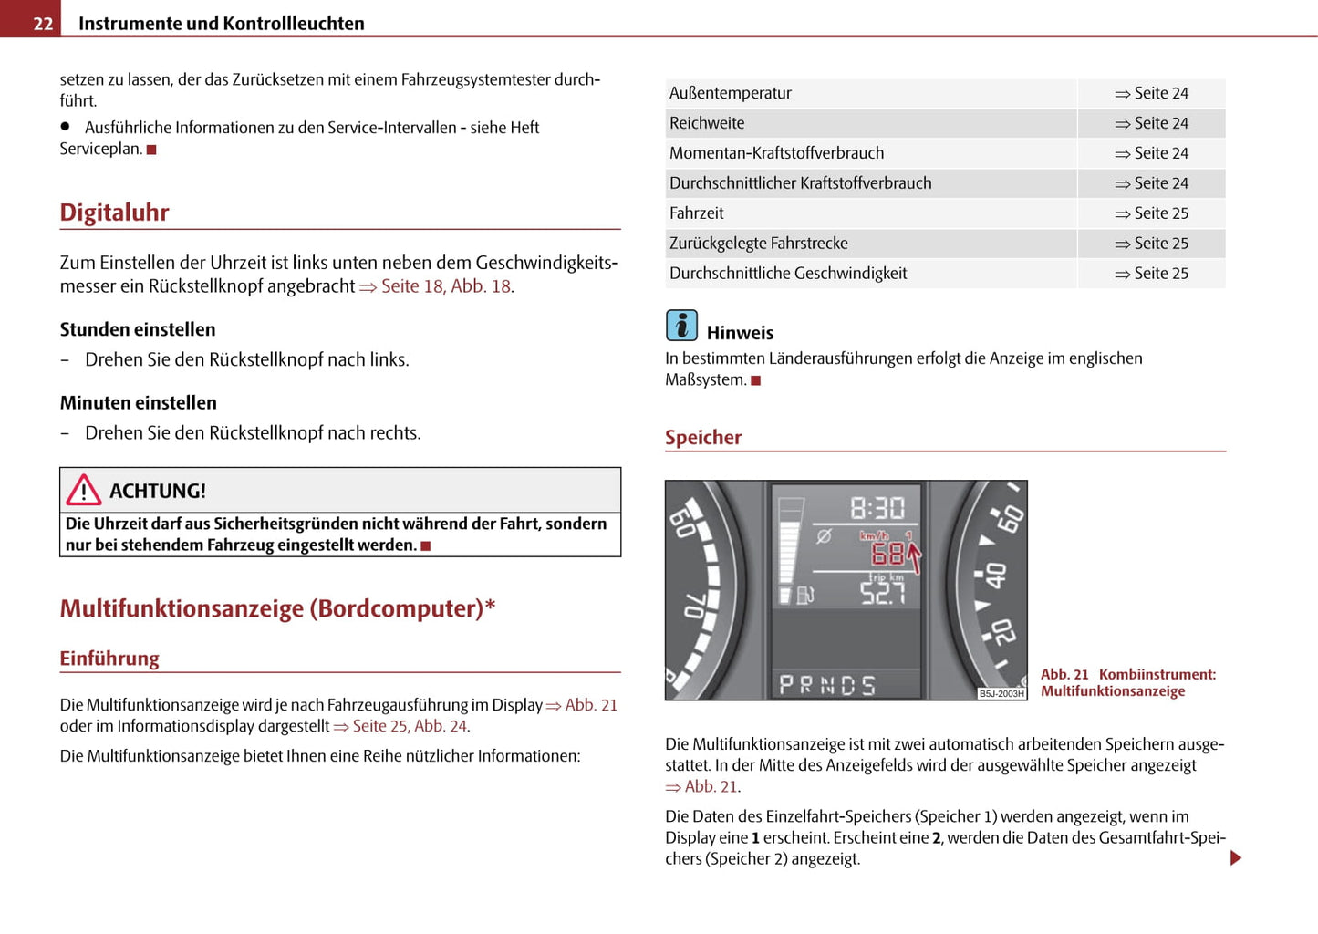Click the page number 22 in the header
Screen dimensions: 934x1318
coord(43,23)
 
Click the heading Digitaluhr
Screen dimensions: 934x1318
coord(114,213)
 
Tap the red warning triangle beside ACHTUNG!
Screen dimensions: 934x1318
coord(83,491)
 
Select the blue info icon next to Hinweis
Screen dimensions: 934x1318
coord(681,326)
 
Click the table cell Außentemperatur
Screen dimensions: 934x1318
coord(731,93)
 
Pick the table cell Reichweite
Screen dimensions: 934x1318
coord(707,123)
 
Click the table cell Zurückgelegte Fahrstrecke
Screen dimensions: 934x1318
coord(759,244)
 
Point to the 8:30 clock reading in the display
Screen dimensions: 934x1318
coord(877,508)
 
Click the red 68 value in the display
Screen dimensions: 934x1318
coord(887,554)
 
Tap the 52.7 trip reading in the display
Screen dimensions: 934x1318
coord(882,594)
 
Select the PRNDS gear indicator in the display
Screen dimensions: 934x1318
coord(826,685)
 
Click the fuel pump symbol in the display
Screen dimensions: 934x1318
coord(805,596)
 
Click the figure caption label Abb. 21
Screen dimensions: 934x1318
coord(1064,675)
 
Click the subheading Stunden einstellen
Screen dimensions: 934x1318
coord(138,329)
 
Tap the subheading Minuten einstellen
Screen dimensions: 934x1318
coord(139,403)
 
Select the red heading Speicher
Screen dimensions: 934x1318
coord(703,438)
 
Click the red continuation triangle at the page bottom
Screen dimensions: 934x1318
coord(1236,857)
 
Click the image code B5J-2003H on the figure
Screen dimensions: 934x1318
coord(1001,694)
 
